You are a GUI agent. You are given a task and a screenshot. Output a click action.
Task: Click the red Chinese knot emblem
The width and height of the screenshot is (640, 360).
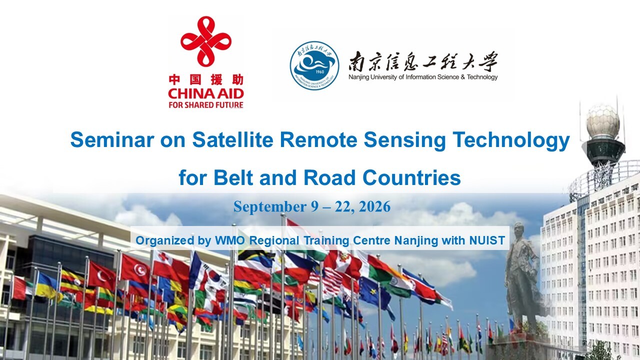(206, 41)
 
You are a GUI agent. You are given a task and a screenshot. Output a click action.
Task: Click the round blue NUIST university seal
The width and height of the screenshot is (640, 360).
(314, 65)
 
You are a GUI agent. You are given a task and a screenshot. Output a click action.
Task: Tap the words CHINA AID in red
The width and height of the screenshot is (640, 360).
(206, 93)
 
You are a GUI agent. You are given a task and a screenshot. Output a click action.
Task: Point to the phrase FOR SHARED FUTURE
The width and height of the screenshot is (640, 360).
(206, 105)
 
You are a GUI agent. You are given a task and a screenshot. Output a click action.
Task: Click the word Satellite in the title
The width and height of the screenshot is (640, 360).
(232, 139)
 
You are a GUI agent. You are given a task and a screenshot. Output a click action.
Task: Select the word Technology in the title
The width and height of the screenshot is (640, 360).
(511, 140)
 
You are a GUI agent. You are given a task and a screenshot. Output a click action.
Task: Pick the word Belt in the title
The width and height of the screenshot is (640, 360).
(233, 177)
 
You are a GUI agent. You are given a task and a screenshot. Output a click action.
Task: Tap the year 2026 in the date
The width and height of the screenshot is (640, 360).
(374, 206)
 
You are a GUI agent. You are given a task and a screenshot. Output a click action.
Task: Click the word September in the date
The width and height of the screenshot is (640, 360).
(270, 207)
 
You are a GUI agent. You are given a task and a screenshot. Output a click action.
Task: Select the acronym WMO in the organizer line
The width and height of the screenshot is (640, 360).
(230, 240)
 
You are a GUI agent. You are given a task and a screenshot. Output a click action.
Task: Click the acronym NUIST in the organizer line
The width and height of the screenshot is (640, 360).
(487, 240)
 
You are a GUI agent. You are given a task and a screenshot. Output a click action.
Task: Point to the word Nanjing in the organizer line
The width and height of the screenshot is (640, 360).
(416, 241)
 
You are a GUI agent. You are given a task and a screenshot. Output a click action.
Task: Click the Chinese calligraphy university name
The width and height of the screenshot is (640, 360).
(423, 61)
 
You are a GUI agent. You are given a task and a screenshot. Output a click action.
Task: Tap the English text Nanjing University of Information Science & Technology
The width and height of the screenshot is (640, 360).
(423, 77)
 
